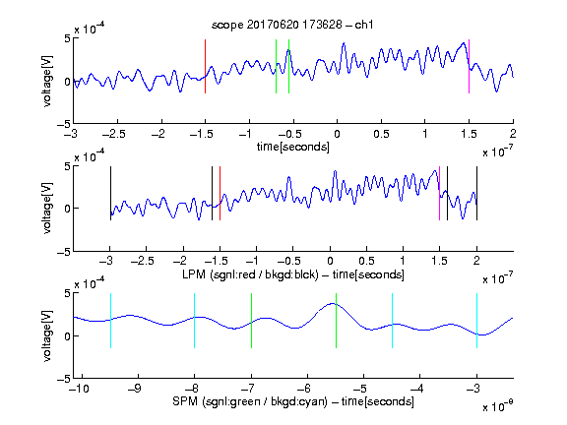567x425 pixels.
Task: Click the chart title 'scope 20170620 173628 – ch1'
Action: pyautogui.click(x=292, y=25)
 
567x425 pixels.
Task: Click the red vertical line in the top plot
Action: pyautogui.click(x=205, y=67)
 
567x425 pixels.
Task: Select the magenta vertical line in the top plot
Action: pyautogui.click(x=469, y=67)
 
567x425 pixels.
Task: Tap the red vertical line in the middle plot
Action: pyautogui.click(x=220, y=194)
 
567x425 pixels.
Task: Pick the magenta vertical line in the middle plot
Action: pyautogui.click(x=439, y=194)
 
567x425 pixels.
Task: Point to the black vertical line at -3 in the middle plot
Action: pyautogui.click(x=110, y=194)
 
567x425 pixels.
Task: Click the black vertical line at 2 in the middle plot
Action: pyautogui.click(x=476, y=194)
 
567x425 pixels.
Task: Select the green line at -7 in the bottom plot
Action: pyautogui.click(x=251, y=321)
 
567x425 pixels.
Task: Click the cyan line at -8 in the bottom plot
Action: pyautogui.click(x=195, y=321)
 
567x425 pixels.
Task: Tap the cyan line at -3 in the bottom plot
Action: pyautogui.click(x=476, y=321)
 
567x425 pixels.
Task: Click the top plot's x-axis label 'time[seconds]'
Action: pyautogui.click(x=293, y=147)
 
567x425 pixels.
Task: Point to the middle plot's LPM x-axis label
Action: pyautogui.click(x=293, y=274)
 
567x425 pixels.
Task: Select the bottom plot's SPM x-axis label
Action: pyautogui.click(x=293, y=401)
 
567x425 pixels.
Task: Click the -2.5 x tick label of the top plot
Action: pyautogui.click(x=114, y=134)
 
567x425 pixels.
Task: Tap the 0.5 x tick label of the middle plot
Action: pyautogui.click(x=366, y=261)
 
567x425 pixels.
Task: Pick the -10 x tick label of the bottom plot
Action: pyautogui.click(x=79, y=389)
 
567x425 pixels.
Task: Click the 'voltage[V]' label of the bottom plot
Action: pyautogui.click(x=47, y=335)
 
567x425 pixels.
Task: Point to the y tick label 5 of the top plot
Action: pyautogui.click(x=67, y=38)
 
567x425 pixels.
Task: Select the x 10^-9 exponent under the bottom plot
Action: pyautogui.click(x=498, y=406)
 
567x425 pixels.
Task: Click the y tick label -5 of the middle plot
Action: pyautogui.click(x=64, y=252)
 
